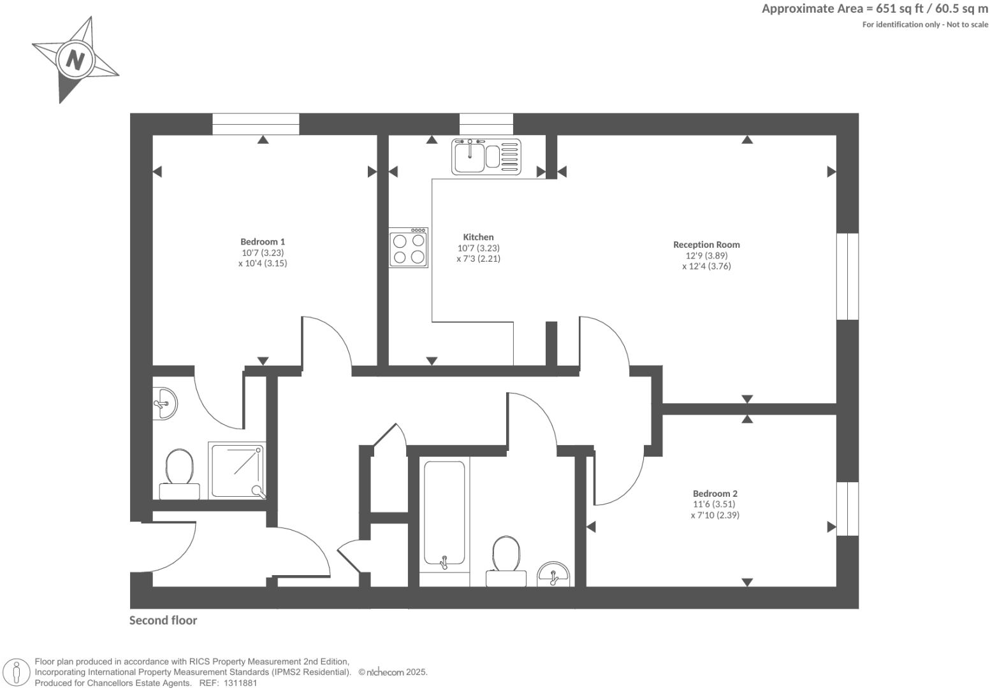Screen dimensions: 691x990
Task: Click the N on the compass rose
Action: point(75,61)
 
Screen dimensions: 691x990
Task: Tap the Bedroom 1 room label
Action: point(263,241)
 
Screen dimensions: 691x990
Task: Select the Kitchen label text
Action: point(478,237)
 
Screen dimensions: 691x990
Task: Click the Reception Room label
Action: point(706,245)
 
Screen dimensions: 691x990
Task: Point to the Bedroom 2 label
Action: point(715,494)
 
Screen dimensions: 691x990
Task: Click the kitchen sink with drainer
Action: point(486,156)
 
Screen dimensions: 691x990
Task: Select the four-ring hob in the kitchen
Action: point(409,248)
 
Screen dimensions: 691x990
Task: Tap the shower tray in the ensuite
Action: point(237,472)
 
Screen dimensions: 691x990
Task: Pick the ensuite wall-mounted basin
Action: point(164,403)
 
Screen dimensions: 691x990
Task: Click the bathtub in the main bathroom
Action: point(444,513)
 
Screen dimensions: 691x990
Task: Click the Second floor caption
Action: point(163,620)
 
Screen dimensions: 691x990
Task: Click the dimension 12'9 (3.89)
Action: point(706,255)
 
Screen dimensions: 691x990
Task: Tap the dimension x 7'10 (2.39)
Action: point(715,515)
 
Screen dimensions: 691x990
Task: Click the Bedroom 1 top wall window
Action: point(256,124)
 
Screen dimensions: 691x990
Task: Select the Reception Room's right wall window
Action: point(847,276)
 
